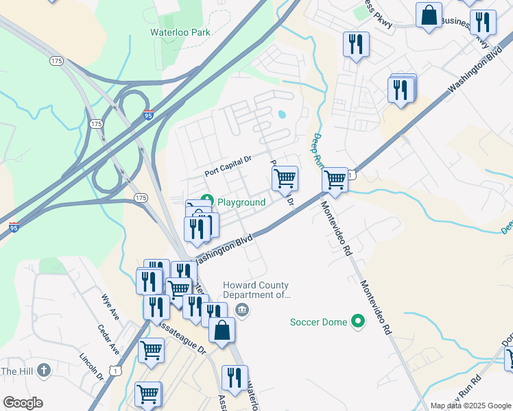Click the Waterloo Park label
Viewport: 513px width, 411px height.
[180, 32]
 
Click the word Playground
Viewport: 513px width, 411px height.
[242, 202]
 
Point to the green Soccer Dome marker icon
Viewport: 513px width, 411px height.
[357, 321]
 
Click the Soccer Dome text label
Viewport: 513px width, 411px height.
[319, 321]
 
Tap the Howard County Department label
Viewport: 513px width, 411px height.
[255, 290]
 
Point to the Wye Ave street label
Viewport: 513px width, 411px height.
[110, 308]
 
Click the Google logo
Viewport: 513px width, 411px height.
[23, 402]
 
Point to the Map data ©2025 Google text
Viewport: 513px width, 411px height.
[469, 406]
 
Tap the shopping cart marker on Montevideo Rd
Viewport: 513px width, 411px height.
[335, 179]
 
